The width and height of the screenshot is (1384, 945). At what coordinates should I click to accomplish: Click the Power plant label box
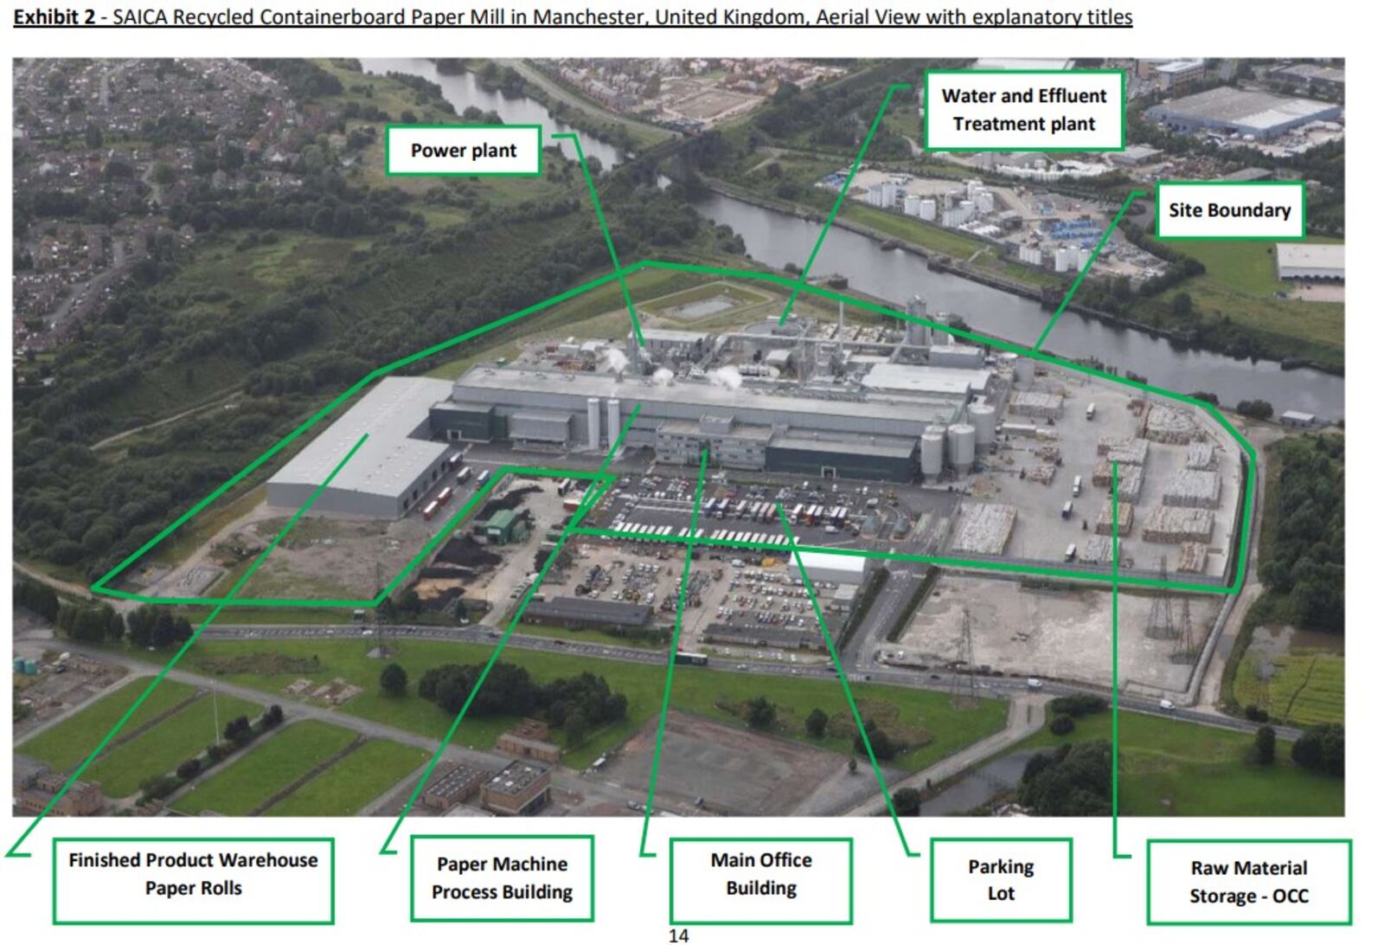click(463, 151)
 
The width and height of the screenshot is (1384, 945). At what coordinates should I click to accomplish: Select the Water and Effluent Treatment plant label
click(1023, 110)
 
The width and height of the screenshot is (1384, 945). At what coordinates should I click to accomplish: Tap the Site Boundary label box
click(1229, 210)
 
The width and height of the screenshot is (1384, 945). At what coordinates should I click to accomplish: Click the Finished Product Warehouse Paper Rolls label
click(193, 874)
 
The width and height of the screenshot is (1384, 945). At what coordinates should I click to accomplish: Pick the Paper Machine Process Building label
click(502, 877)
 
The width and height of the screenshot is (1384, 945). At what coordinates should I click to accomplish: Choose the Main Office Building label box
click(761, 874)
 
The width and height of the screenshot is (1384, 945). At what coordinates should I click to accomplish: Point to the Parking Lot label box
click(1001, 879)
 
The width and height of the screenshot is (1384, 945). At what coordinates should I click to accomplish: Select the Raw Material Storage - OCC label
click(1248, 881)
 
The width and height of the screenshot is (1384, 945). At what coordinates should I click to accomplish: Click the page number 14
click(679, 935)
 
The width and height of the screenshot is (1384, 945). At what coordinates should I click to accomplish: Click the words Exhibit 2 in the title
click(54, 17)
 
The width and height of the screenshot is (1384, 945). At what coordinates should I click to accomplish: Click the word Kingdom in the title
click(765, 17)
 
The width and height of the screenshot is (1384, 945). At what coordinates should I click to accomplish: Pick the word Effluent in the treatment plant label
click(1072, 96)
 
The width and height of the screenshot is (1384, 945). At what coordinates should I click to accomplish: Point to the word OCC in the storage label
click(1290, 896)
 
